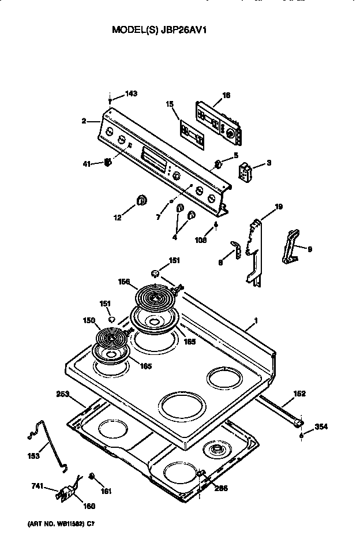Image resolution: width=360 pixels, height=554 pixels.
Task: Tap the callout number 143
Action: click(x=132, y=94)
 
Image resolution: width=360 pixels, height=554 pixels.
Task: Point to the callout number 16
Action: click(x=226, y=95)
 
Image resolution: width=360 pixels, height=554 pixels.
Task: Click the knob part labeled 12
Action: click(x=141, y=200)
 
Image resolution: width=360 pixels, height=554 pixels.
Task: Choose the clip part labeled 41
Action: click(x=107, y=164)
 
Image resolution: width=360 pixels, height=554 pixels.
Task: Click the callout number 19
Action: click(x=279, y=207)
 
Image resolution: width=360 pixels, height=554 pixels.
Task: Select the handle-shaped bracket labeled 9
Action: click(x=291, y=246)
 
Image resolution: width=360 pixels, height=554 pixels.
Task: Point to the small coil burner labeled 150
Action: click(x=111, y=338)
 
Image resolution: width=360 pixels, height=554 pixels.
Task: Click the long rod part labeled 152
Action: click(x=280, y=409)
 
